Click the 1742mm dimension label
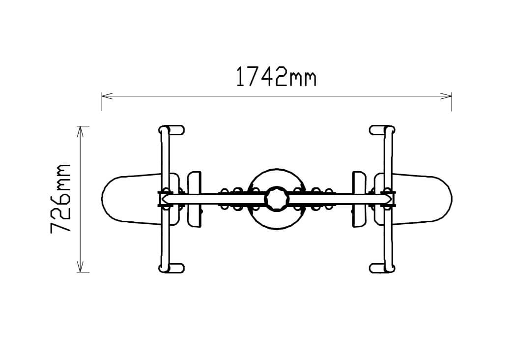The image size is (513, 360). pos(276,77)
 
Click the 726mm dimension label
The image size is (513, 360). pos(60,199)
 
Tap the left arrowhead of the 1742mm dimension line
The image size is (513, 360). pos(107,96)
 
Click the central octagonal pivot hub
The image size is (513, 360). pos(277,199)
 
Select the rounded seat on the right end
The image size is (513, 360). pos(422,199)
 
